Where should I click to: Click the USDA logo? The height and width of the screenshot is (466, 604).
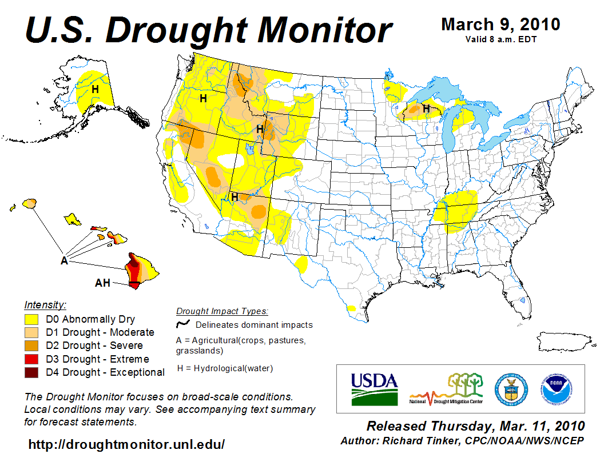(373, 389)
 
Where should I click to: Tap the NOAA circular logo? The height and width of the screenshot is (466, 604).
(555, 388)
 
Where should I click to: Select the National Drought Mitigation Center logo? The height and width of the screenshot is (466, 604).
(446, 388)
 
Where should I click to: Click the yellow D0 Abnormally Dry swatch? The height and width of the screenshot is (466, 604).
(31, 319)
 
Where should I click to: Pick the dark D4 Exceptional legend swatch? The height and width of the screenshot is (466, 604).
(31, 372)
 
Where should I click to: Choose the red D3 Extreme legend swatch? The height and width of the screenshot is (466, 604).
(31, 359)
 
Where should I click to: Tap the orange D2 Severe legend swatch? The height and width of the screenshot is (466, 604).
(31, 346)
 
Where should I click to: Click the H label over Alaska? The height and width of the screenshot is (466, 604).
(95, 90)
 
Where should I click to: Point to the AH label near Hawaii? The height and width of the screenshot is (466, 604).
(102, 283)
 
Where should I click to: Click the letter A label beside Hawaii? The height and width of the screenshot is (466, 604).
(64, 261)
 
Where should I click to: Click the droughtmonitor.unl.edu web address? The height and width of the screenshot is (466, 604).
(126, 444)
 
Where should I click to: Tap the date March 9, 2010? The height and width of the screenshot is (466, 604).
(500, 25)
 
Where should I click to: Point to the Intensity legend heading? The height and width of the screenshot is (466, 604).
(45, 304)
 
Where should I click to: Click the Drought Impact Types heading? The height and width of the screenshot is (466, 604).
(222, 311)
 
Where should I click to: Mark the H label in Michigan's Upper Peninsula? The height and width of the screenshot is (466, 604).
(426, 108)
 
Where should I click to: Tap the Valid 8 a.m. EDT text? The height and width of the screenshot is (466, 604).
(500, 39)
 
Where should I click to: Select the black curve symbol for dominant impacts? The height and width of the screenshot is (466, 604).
(183, 324)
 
